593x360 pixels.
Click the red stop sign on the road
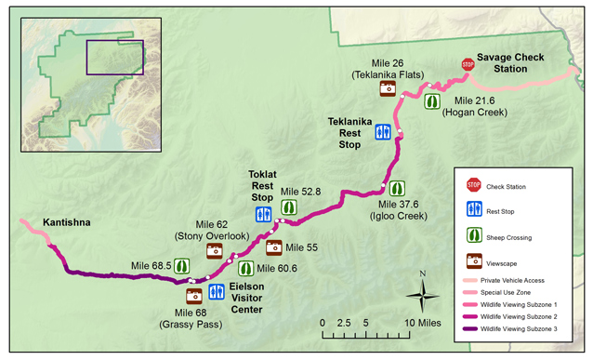[468, 64]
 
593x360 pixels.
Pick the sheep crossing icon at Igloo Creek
[396, 189]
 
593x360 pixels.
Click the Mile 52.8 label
[300, 191]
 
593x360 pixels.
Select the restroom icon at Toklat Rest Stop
[264, 215]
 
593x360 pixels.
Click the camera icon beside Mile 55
[274, 247]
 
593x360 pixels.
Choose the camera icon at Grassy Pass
[194, 295]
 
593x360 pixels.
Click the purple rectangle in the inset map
[114, 58]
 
